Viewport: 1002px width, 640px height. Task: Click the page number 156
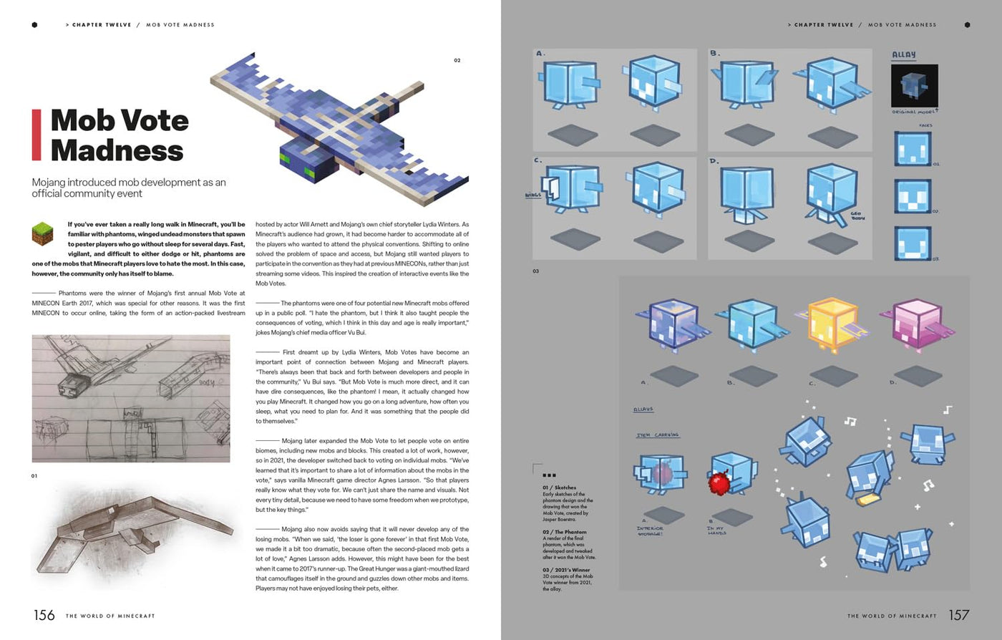tap(44, 615)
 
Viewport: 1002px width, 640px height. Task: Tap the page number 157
tap(959, 615)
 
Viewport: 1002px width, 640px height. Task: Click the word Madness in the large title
tap(117, 151)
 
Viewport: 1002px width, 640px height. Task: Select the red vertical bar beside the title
tap(36, 135)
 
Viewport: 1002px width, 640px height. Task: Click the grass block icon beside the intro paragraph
tap(43, 233)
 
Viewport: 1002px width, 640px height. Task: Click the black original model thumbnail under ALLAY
tap(914, 86)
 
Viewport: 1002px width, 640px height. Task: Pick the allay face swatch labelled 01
tap(913, 149)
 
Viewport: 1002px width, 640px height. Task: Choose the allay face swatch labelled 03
tap(913, 243)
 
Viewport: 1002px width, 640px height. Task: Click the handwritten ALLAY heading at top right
tap(904, 55)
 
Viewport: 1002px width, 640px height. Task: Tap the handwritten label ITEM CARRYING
tap(658, 435)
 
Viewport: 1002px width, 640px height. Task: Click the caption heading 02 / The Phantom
tap(565, 532)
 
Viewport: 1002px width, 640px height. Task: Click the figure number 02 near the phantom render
tap(457, 60)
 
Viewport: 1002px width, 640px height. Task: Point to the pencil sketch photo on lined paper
tap(131, 398)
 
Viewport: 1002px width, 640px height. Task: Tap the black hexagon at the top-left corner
tap(34, 24)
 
